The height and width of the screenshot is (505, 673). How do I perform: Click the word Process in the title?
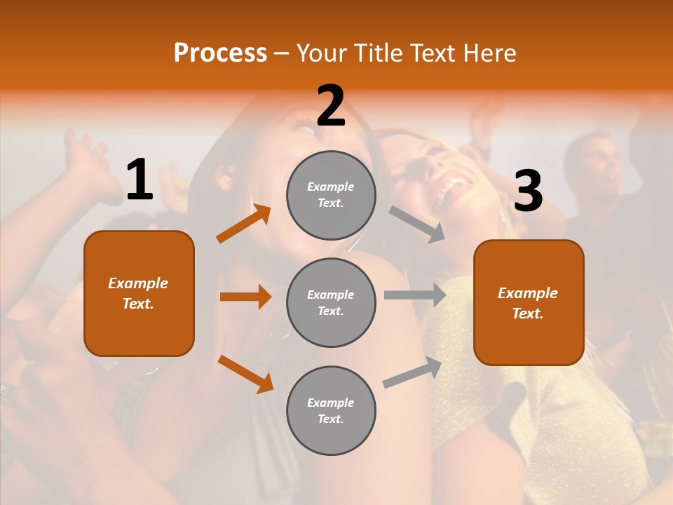pos(220,53)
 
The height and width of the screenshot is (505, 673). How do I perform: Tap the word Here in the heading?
pos(486,53)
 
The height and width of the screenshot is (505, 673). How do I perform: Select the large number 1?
pos(140,180)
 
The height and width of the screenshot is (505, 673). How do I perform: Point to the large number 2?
pos(331,106)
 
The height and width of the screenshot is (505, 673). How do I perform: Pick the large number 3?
pos(528,191)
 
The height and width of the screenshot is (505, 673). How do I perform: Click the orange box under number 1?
pos(139,293)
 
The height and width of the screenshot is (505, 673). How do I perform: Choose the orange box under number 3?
pos(529,302)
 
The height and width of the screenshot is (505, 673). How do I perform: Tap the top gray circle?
pos(331,195)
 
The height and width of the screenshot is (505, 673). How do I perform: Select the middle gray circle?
pos(331,302)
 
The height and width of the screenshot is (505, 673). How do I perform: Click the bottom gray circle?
pos(331,410)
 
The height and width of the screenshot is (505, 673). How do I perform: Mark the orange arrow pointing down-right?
pos(245,374)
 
